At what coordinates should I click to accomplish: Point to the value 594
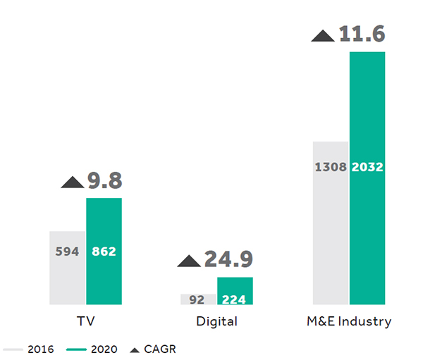tap(68, 252)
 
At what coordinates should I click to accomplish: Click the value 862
tap(104, 252)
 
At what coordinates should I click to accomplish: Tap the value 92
tap(197, 299)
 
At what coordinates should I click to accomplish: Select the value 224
tap(234, 299)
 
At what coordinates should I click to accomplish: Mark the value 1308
tap(331, 168)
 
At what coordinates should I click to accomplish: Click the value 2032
tap(367, 168)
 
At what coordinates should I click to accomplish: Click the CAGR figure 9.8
tap(105, 182)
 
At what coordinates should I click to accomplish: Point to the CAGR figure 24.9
tap(228, 260)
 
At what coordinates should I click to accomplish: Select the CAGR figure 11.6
tap(362, 34)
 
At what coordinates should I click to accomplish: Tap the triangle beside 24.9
tap(189, 261)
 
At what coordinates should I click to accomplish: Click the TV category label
tap(86, 322)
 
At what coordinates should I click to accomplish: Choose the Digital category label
tap(216, 322)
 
